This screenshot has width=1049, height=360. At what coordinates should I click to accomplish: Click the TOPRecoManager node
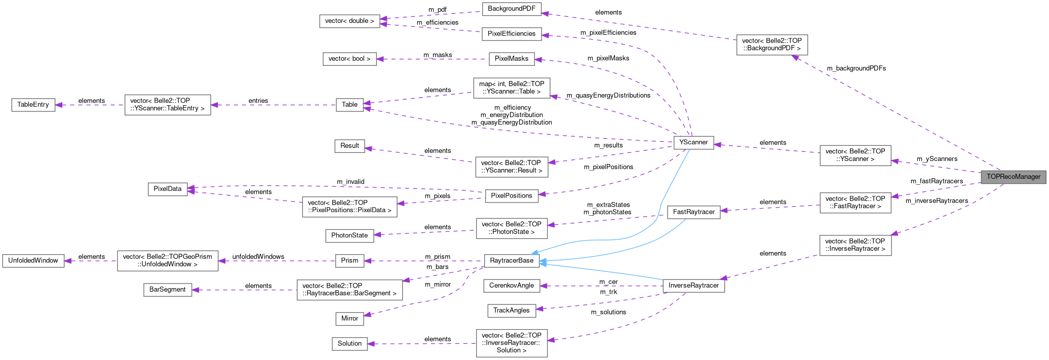pyautogui.click(x=1013, y=177)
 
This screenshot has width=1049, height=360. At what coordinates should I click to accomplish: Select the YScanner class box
pyautogui.click(x=693, y=142)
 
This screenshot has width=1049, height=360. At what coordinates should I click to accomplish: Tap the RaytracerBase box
pyautogui.click(x=512, y=260)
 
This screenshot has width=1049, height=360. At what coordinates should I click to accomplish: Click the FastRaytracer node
pyautogui.click(x=693, y=212)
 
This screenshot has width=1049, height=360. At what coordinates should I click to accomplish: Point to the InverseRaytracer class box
pyautogui.click(x=693, y=286)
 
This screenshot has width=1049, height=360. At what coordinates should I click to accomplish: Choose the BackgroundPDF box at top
pyautogui.click(x=512, y=9)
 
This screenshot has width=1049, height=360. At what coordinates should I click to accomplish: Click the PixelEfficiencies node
pyautogui.click(x=511, y=34)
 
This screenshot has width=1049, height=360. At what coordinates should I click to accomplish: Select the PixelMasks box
pyautogui.click(x=511, y=59)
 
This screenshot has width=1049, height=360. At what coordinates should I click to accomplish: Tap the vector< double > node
pyautogui.click(x=349, y=21)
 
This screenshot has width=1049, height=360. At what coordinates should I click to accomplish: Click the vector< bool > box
pyautogui.click(x=349, y=59)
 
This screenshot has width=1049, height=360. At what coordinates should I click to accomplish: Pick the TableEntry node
pyautogui.click(x=33, y=105)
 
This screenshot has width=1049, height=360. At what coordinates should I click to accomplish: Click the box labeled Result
pyautogui.click(x=349, y=146)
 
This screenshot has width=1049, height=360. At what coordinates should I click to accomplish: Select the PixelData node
pyautogui.click(x=168, y=189)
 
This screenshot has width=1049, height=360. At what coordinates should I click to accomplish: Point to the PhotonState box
pyautogui.click(x=349, y=235)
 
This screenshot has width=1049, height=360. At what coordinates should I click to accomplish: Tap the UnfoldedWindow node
pyautogui.click(x=33, y=261)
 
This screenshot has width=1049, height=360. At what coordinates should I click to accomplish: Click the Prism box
pyautogui.click(x=349, y=261)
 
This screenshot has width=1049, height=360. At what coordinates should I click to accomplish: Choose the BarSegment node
pyautogui.click(x=168, y=290)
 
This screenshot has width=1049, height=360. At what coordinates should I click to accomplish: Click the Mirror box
pyautogui.click(x=349, y=318)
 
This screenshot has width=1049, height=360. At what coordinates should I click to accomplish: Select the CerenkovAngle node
pyautogui.click(x=512, y=286)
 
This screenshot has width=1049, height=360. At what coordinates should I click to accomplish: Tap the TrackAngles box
pyautogui.click(x=512, y=310)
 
